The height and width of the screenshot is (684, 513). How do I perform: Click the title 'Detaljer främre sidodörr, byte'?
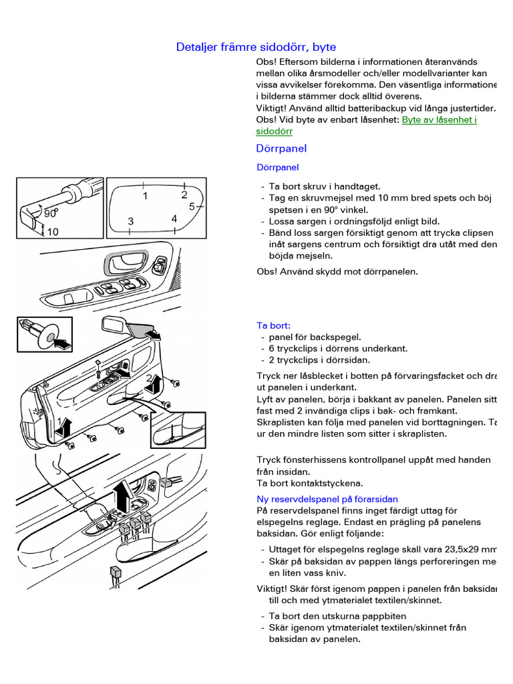(256, 47)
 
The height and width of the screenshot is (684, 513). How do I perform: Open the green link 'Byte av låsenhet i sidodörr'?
(439, 120)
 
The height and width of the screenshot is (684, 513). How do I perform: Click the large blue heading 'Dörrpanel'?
(281, 148)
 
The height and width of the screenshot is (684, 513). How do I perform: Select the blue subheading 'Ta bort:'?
(274, 325)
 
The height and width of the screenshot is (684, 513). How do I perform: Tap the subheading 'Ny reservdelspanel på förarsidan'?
(327, 499)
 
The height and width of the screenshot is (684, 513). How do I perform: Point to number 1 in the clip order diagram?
(144, 196)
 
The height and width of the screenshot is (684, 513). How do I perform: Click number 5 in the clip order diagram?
(192, 207)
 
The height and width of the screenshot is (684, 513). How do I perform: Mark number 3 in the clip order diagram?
(131, 221)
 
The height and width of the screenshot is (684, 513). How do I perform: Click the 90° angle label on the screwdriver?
(51, 214)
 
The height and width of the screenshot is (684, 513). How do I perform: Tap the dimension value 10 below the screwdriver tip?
(53, 232)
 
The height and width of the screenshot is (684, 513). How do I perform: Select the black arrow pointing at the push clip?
(62, 344)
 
